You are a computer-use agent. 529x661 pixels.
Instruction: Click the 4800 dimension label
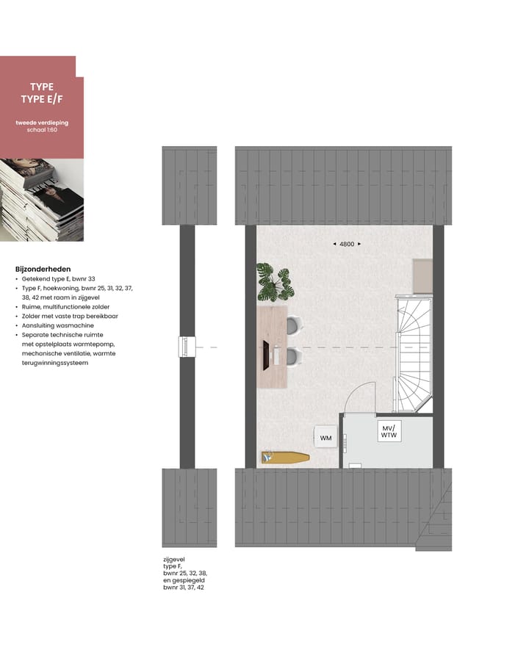346,244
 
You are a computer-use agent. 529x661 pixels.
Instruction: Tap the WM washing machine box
325,438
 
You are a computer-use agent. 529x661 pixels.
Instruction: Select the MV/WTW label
387,432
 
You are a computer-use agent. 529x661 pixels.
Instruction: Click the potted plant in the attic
274,281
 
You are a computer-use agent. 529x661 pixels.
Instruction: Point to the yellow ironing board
286,458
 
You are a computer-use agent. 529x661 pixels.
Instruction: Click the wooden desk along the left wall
270,347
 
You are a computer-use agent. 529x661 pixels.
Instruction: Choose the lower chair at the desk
294,358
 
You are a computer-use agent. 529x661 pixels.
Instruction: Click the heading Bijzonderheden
43,269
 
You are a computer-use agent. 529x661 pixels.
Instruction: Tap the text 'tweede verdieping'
42,122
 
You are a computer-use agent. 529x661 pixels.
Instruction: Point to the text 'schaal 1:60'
42,130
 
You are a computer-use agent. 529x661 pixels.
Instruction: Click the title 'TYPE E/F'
42,99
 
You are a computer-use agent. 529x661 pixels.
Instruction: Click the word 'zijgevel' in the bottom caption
174,559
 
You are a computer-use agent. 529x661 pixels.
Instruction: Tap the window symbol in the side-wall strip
187,347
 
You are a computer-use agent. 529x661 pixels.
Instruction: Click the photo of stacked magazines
41,200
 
